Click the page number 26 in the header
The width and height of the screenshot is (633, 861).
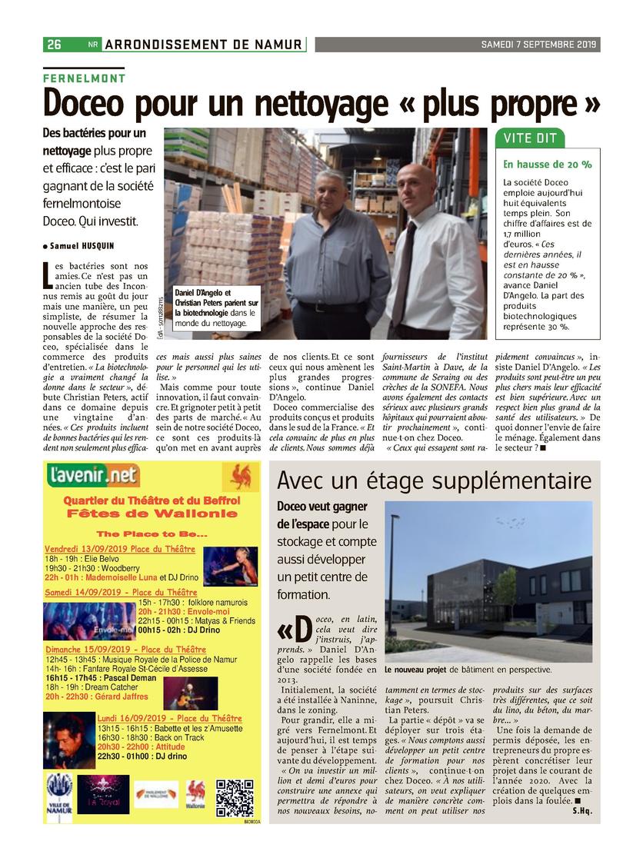click(54, 45)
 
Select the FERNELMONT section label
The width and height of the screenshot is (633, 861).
click(84, 78)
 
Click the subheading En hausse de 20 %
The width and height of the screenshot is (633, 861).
click(547, 165)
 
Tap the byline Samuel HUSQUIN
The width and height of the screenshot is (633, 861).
click(80, 246)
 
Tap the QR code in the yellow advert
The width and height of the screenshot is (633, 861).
click(235, 797)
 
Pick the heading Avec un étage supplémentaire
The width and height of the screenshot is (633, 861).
click(434, 481)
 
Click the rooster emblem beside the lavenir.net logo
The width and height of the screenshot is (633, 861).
click(241, 476)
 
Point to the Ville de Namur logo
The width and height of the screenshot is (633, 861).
click(59, 793)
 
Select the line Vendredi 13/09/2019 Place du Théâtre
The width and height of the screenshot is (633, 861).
click(119, 550)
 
